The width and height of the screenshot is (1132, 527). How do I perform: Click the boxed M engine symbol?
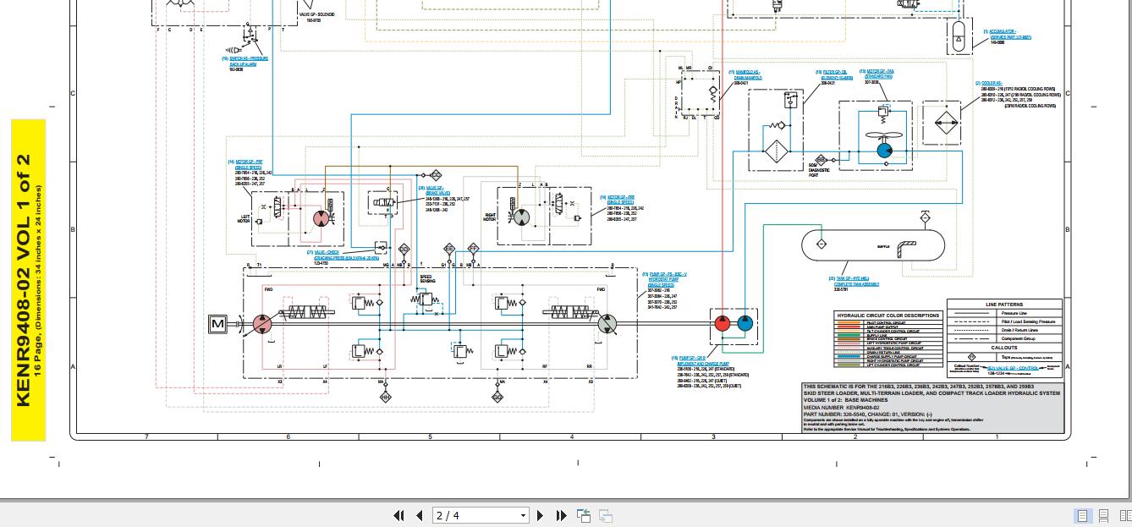pos(217,323)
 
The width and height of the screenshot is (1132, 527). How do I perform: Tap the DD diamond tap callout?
pos(404,250)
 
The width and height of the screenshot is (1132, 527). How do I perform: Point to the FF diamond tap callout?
pos(473,250)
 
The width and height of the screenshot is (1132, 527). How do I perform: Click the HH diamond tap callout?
pos(386,396)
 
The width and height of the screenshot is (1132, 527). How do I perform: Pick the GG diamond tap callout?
pos(497,396)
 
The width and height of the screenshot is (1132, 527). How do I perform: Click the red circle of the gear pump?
pos(723,322)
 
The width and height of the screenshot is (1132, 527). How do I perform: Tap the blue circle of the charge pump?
pos(745,322)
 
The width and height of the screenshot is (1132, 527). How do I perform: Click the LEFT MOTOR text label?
pos(245,219)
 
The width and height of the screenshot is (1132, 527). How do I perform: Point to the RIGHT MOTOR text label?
pos(490,217)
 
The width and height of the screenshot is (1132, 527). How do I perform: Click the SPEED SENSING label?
pos(426,278)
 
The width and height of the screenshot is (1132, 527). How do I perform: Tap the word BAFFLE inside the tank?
pos(883,246)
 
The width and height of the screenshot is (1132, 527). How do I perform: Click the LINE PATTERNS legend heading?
pos(1004,305)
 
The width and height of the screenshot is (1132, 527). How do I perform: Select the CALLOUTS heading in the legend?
pos(1004,348)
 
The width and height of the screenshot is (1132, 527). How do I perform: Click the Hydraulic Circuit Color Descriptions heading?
pos(887,316)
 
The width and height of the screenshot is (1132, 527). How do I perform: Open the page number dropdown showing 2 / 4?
pos(481,515)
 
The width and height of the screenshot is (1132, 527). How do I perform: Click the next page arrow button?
pos(541,515)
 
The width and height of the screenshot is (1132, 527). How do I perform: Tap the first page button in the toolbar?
pos(398,515)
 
